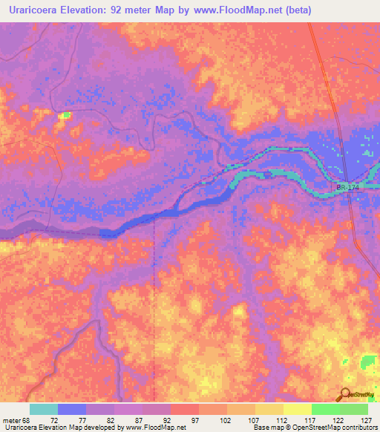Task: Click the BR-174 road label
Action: tap(347, 189)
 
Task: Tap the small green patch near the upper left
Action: tap(65, 115)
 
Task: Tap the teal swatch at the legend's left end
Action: tap(44, 409)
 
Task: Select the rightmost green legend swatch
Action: tap(354, 409)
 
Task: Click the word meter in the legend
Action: tap(10, 419)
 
